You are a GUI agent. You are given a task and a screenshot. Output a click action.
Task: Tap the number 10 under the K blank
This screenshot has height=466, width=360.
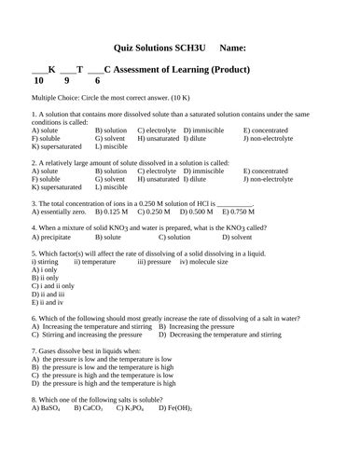point(39,81)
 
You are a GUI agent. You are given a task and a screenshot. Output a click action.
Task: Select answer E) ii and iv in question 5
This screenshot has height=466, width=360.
point(48,302)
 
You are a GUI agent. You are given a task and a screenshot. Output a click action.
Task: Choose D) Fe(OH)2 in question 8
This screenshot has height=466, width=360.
point(176,407)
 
